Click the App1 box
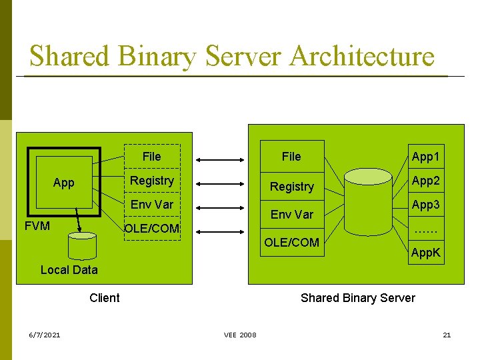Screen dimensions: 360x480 pyautogui.click(x=427, y=157)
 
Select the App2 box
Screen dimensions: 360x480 pyautogui.click(x=427, y=181)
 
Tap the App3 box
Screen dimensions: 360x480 pyautogui.click(x=427, y=205)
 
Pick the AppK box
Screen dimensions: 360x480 pyautogui.click(x=427, y=253)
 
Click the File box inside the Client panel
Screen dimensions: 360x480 pyautogui.click(x=152, y=157)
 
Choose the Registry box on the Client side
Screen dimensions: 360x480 pyautogui.click(x=152, y=181)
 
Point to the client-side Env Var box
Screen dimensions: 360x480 pyautogui.click(x=152, y=205)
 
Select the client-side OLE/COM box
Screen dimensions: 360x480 pyautogui.click(x=152, y=228)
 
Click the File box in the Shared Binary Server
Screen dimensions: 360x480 pyautogui.click(x=291, y=157)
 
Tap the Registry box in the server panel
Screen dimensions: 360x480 pyautogui.click(x=291, y=187)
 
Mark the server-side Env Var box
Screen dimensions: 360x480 pyautogui.click(x=291, y=214)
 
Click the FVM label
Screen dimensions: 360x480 pyautogui.click(x=37, y=226)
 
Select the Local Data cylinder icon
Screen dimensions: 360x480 pyautogui.click(x=83, y=245)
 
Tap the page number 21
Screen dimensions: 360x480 pyautogui.click(x=447, y=335)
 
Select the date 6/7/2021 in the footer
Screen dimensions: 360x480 pyautogui.click(x=44, y=335)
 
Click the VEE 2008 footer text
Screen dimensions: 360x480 pyautogui.click(x=240, y=335)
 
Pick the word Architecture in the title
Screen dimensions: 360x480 pyautogui.click(x=362, y=56)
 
